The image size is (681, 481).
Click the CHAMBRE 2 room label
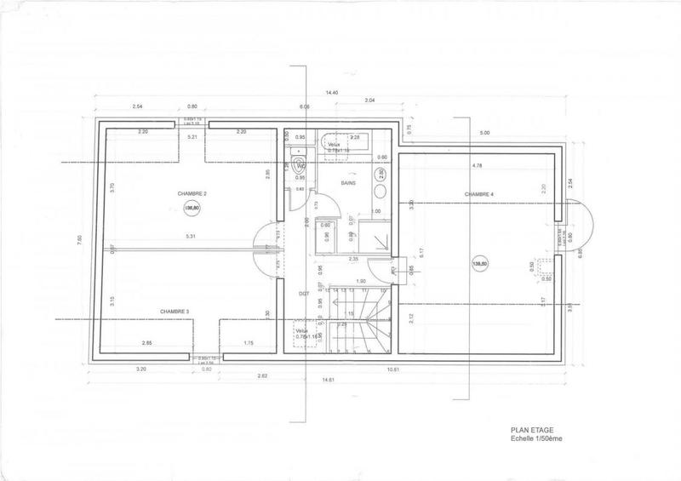click(x=169, y=194)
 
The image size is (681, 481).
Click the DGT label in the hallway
click(x=303, y=294)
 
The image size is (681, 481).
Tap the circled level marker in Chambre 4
click(x=481, y=265)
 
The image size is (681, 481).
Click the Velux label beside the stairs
click(x=302, y=329)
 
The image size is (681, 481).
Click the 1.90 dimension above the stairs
click(x=360, y=281)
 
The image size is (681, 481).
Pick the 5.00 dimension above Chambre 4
click(x=484, y=134)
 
